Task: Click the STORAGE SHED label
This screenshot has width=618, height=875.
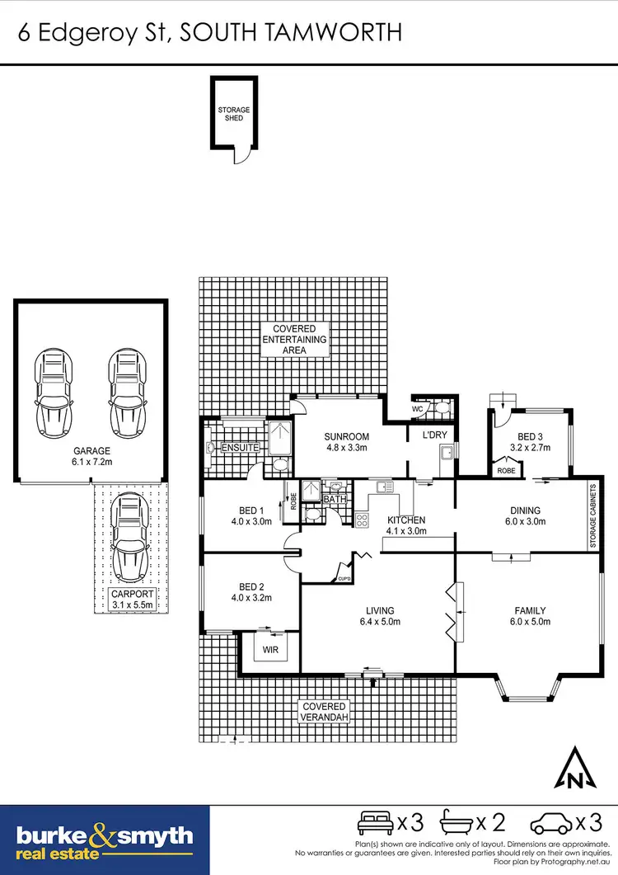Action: point(233,114)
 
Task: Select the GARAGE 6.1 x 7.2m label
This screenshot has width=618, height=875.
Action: point(91,458)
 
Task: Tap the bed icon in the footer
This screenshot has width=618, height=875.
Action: point(375,822)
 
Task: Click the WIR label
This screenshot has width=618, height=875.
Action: point(266,652)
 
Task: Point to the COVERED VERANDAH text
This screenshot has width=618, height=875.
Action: point(325,713)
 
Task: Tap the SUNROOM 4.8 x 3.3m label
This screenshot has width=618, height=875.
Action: point(345,442)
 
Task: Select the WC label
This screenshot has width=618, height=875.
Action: point(419,407)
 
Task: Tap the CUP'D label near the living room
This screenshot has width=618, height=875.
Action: point(344,580)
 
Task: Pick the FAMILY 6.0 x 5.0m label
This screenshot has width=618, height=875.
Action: point(527,616)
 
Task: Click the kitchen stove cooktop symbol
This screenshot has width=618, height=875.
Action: point(361,519)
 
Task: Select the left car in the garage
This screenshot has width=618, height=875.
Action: point(52,385)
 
